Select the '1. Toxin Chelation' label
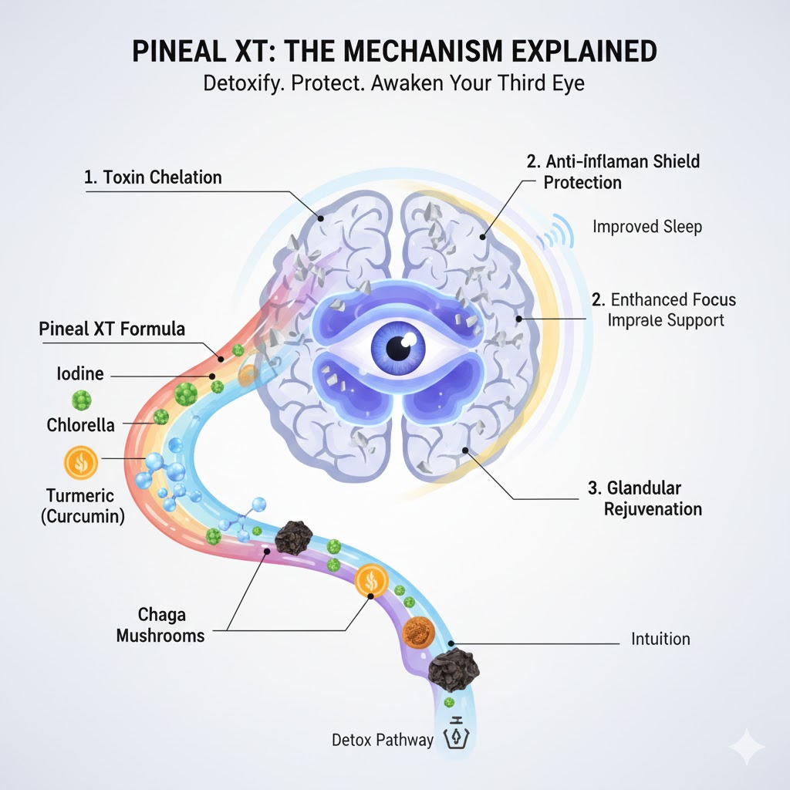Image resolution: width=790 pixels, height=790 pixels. click(153, 177)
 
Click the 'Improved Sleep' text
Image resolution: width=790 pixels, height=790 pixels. click(647, 227)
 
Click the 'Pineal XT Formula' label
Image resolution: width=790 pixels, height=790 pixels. click(112, 329)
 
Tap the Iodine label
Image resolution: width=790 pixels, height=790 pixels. click(80, 374)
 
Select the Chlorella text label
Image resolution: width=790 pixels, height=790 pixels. click(81, 425)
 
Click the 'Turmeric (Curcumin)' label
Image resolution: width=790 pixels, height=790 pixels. click(82, 506)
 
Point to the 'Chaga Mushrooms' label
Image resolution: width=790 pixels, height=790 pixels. click(160, 625)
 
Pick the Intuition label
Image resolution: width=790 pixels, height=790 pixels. click(660, 639)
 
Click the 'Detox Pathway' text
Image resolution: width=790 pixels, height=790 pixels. click(383, 740)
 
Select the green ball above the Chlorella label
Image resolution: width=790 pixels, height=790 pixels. click(81, 400)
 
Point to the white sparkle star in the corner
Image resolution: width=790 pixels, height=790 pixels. click(747, 746)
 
